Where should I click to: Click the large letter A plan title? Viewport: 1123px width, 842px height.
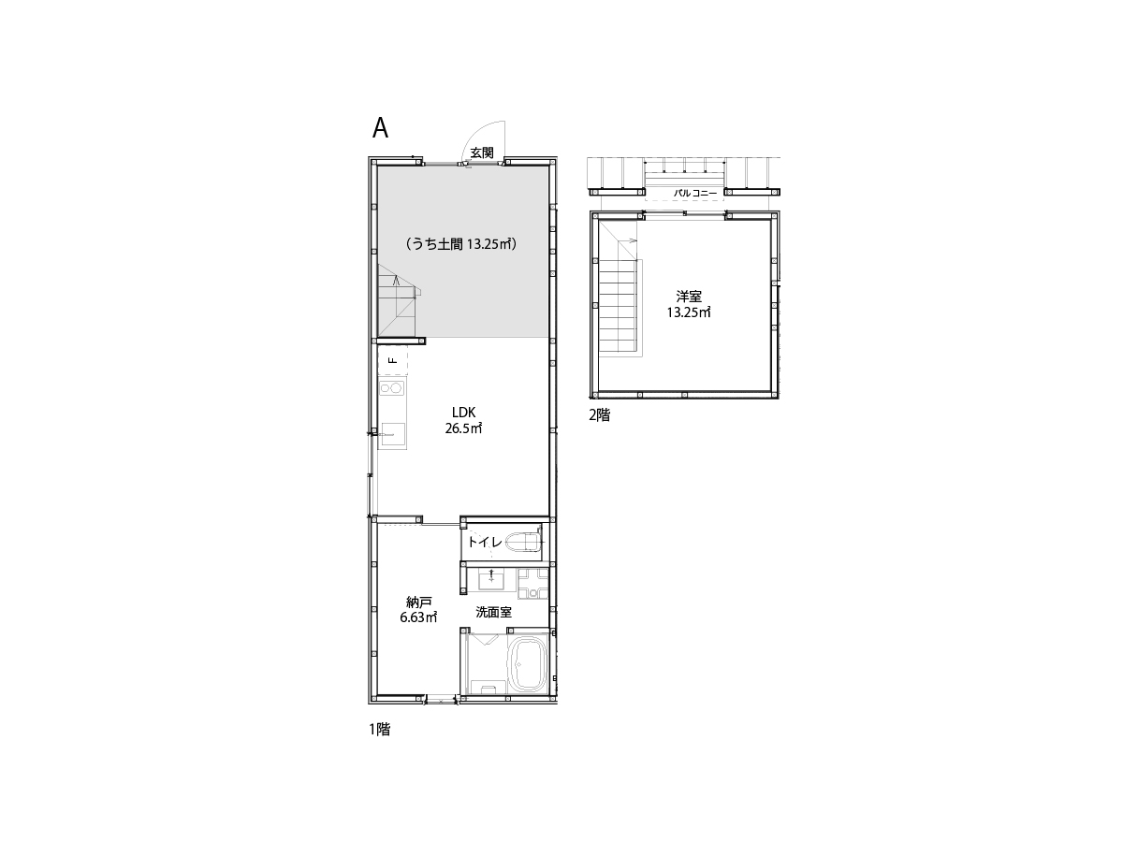point(380,128)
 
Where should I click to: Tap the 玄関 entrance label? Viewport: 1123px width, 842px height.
point(482,152)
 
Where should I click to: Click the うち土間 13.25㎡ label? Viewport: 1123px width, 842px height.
point(461,244)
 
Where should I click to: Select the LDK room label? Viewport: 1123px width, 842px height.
point(464,412)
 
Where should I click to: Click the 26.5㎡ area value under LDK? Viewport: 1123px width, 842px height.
point(463,428)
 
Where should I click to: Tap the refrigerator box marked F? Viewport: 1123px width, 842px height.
point(392,360)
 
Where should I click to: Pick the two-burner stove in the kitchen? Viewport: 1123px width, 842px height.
point(392,388)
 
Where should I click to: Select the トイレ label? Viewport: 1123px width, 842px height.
point(485,542)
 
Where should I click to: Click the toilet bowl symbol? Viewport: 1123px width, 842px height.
point(522,542)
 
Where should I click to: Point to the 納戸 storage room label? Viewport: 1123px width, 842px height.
point(418,602)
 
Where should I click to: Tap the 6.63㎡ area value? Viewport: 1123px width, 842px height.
point(418,617)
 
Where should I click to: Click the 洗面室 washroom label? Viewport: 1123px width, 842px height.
point(494,612)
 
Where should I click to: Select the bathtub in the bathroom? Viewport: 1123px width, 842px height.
point(528,664)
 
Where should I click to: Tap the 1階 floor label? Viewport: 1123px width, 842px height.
point(380,730)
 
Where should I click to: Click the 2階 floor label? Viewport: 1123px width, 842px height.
point(600,415)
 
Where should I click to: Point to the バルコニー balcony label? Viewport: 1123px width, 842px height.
point(694,194)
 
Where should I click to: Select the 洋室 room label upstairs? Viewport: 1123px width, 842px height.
point(689,296)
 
